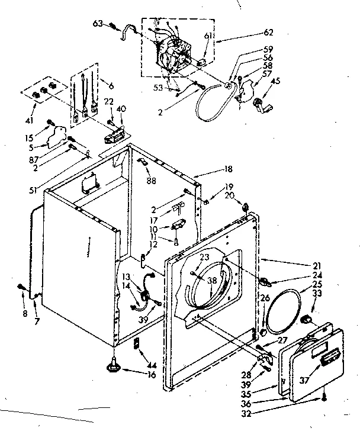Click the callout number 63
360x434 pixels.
pyautogui.click(x=98, y=24)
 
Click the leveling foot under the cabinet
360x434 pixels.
pyautogui.click(x=112, y=368)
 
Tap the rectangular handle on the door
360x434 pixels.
pyautogui.click(x=328, y=356)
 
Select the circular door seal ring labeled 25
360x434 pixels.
pyautogui.click(x=281, y=310)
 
